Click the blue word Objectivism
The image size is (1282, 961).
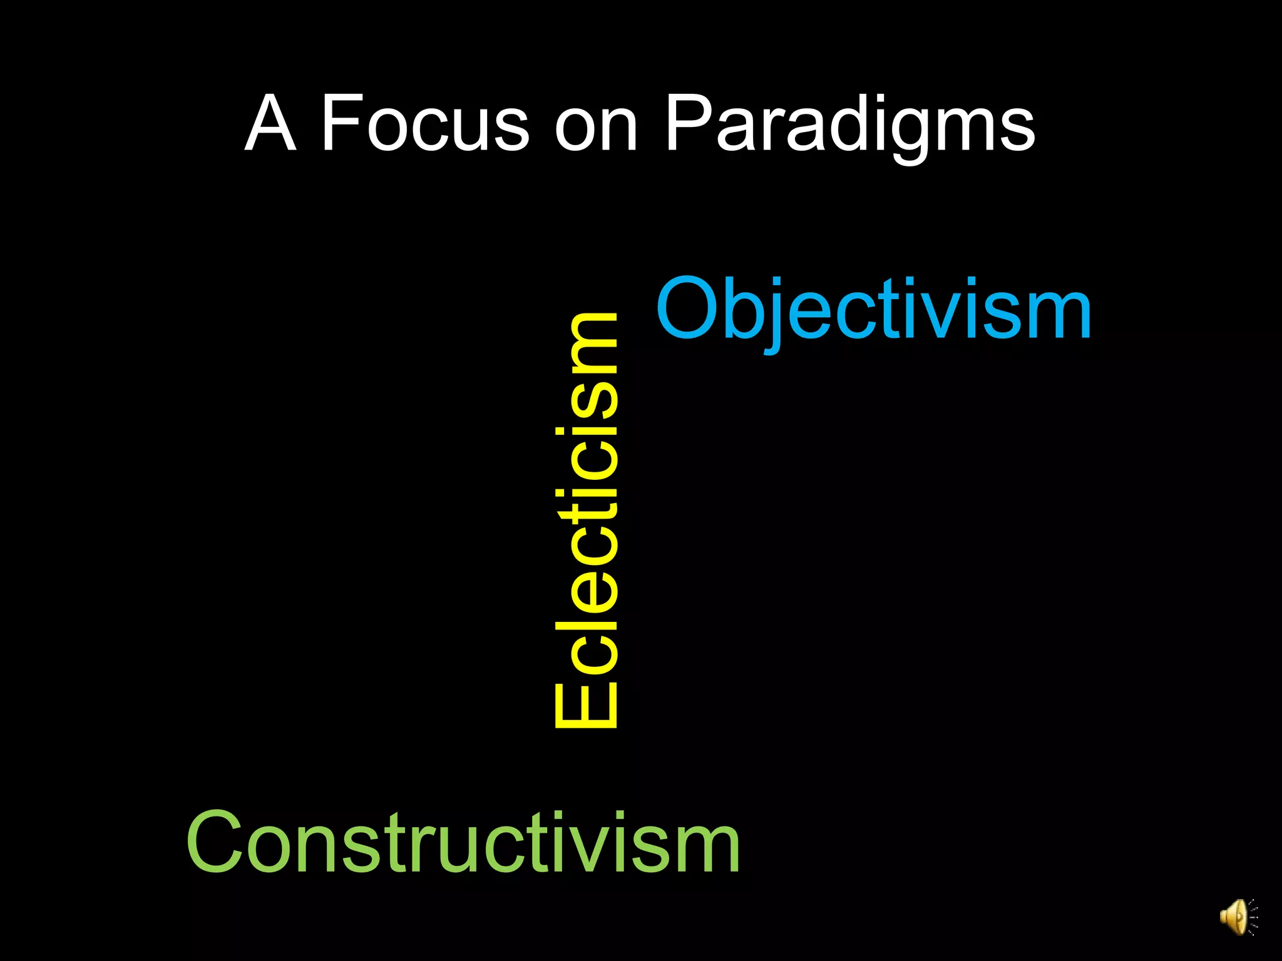pyautogui.click(x=873, y=310)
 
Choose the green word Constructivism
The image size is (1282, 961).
pyautogui.click(x=463, y=842)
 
